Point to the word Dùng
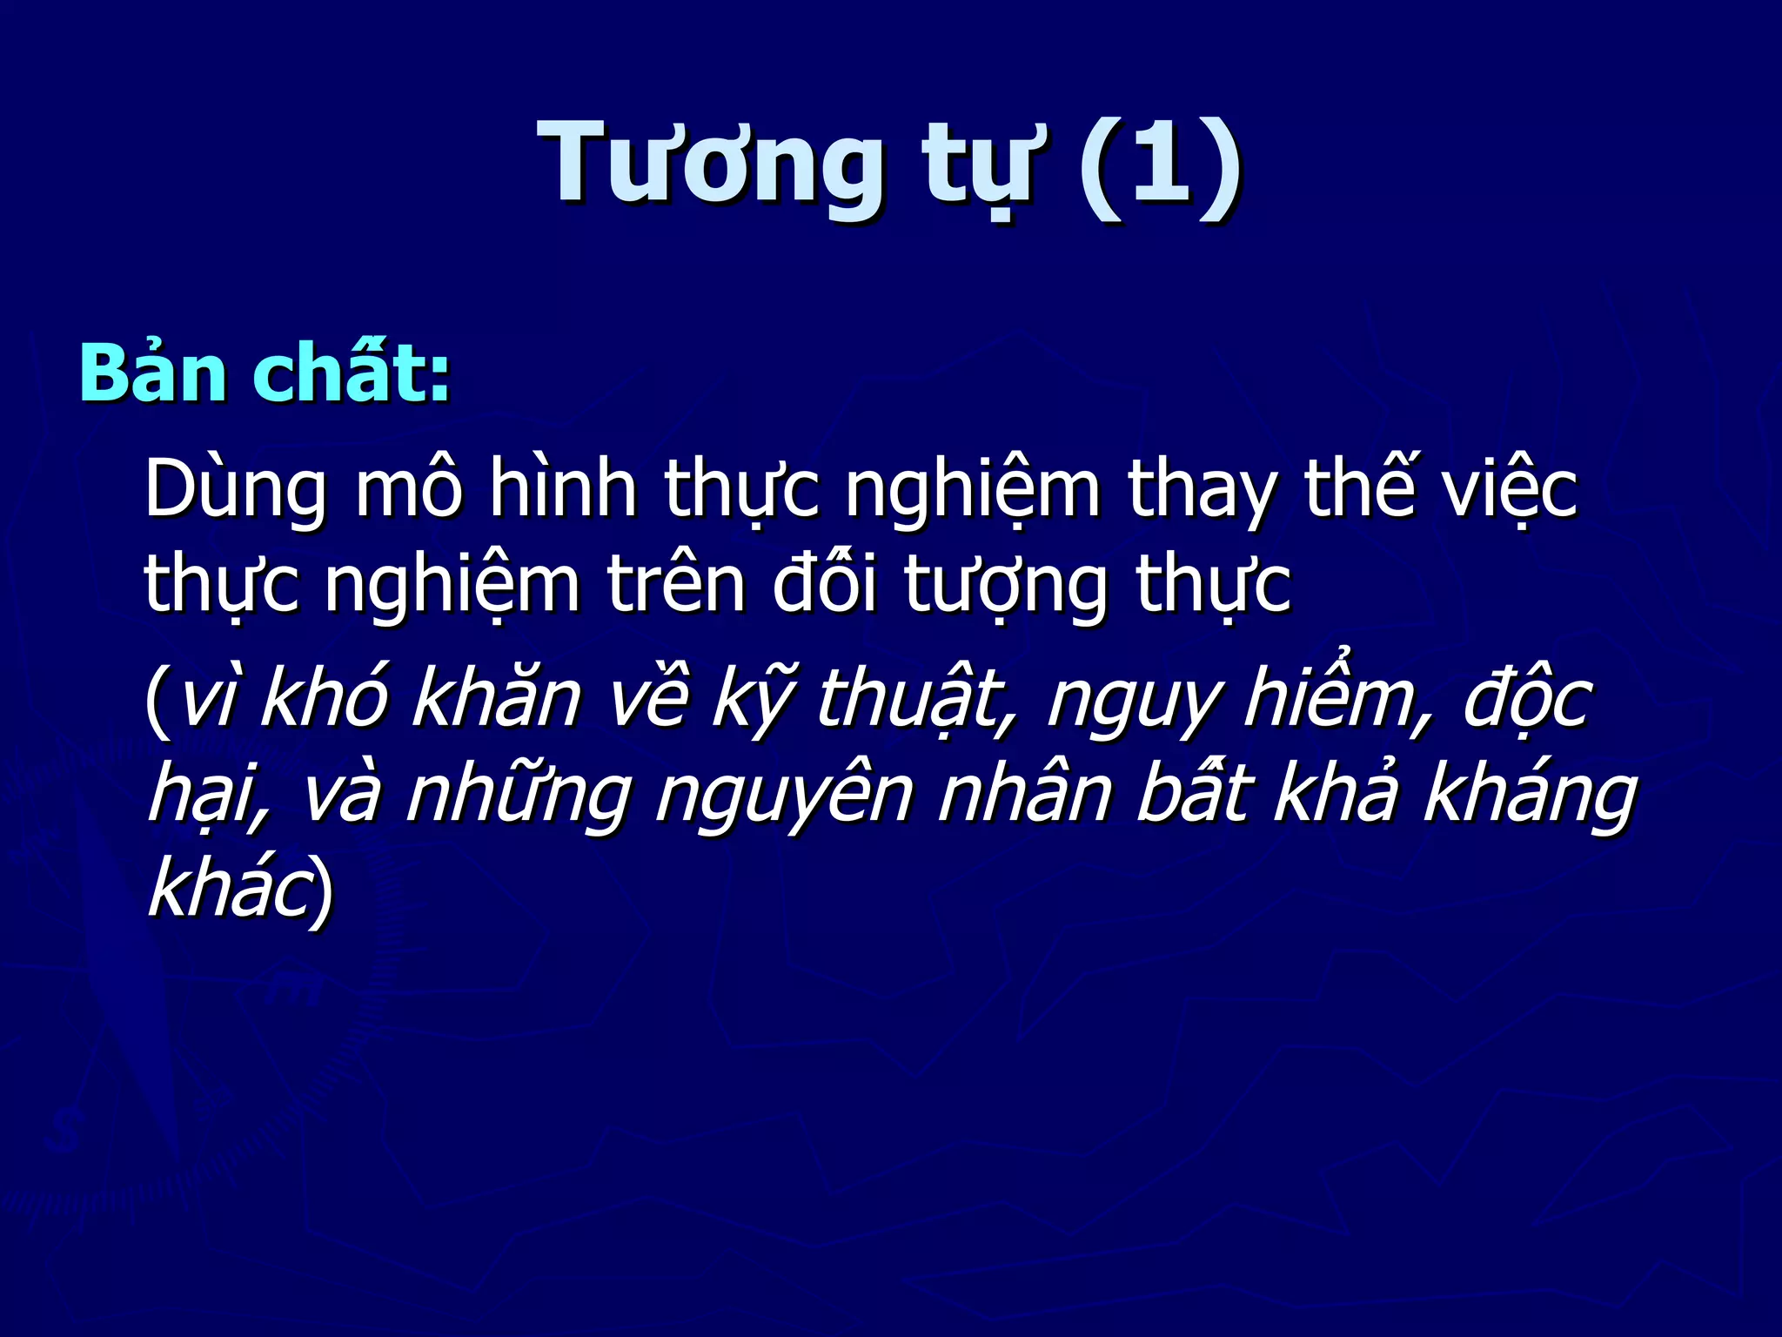pos(235,492)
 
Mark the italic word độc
pos(1528,701)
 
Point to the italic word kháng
pos(1531,796)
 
